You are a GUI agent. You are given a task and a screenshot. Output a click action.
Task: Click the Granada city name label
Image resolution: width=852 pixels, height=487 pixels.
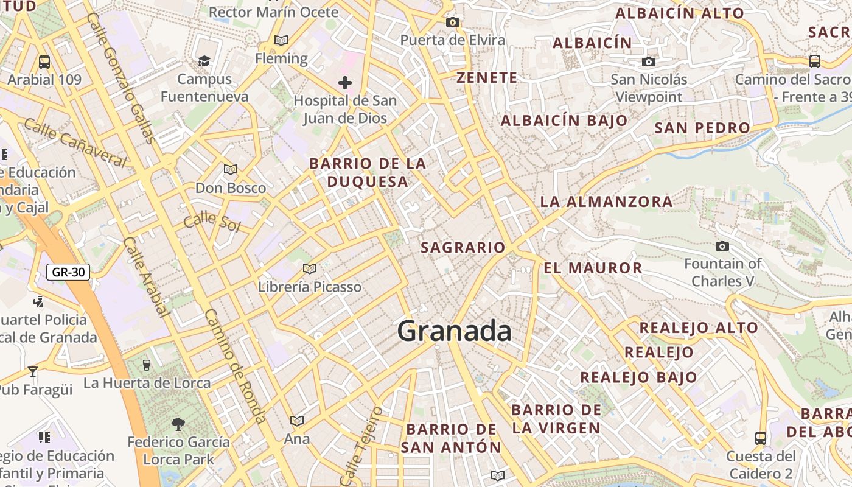coord(454,331)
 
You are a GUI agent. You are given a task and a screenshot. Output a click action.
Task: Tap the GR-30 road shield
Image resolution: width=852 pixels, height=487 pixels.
coord(68,272)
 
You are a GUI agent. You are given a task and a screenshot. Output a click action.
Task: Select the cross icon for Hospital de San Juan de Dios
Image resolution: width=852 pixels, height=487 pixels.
coord(345,83)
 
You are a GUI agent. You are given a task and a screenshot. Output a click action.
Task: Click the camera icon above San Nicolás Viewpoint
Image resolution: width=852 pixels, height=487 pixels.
coord(649,61)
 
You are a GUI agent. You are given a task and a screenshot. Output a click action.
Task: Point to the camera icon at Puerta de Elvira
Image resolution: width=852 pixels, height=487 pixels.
coord(452,23)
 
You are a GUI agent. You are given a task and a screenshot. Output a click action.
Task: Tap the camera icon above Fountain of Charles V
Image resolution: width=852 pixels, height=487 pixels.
coord(722,247)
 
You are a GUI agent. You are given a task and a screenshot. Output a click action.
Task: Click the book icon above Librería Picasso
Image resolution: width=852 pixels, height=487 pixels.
coord(310,268)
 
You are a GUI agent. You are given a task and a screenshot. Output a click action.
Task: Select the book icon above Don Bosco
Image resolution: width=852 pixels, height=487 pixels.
coord(230,169)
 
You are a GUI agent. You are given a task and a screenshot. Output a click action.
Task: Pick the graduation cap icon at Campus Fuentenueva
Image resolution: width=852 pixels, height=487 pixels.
coord(204,61)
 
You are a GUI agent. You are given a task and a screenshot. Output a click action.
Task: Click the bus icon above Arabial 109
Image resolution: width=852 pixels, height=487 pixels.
coord(44,61)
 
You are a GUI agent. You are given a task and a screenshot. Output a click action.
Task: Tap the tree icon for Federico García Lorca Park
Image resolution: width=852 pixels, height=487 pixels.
coord(178,424)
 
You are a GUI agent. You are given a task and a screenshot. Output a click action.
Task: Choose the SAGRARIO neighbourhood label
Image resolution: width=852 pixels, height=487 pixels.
coord(463,247)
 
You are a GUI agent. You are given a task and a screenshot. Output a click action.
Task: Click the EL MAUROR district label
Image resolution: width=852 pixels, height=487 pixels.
coord(593,268)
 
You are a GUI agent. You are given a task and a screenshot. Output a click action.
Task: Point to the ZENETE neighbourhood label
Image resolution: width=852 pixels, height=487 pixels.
coord(487,78)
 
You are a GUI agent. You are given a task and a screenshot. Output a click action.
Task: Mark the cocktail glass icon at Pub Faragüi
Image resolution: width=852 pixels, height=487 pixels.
coord(33,371)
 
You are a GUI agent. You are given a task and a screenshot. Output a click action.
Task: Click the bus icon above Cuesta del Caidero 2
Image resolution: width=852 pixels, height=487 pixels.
coord(761,438)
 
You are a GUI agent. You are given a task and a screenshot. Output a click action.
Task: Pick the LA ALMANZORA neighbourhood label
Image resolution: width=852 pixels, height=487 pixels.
coord(606,201)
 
